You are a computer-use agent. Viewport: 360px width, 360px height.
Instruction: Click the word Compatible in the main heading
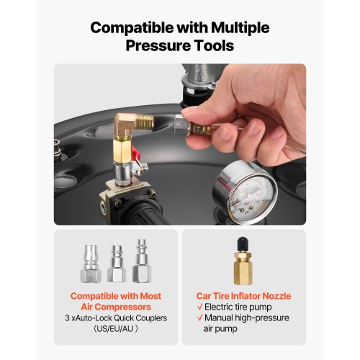tap(132, 28)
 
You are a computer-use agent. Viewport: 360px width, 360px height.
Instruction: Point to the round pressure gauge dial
tap(246, 193)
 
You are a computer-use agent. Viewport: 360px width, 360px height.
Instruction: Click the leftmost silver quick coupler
tap(91, 264)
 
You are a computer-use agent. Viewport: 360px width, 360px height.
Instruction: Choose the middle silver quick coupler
tap(117, 264)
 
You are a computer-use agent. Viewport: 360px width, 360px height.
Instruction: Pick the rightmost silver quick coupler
tap(142, 261)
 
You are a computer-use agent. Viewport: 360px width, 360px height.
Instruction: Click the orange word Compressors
tap(116, 307)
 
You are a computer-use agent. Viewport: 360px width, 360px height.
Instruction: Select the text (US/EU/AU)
tap(116, 328)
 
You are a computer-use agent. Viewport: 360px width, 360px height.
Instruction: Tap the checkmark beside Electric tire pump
tap(199, 307)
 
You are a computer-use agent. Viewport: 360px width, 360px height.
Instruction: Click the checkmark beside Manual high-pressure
tap(199, 318)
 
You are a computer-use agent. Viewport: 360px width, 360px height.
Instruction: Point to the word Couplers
tap(151, 318)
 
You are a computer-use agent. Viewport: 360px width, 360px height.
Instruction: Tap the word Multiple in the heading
tap(240, 28)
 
